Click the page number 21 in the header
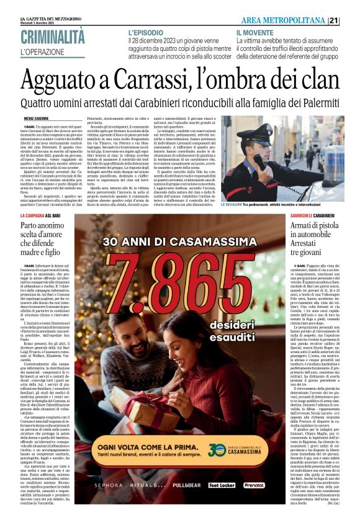coord(351,20)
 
